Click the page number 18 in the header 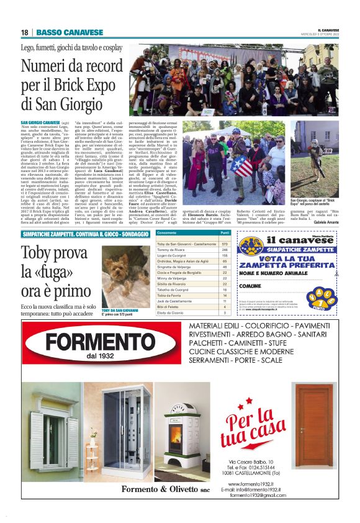click(24, 32)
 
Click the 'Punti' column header click(225, 232)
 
